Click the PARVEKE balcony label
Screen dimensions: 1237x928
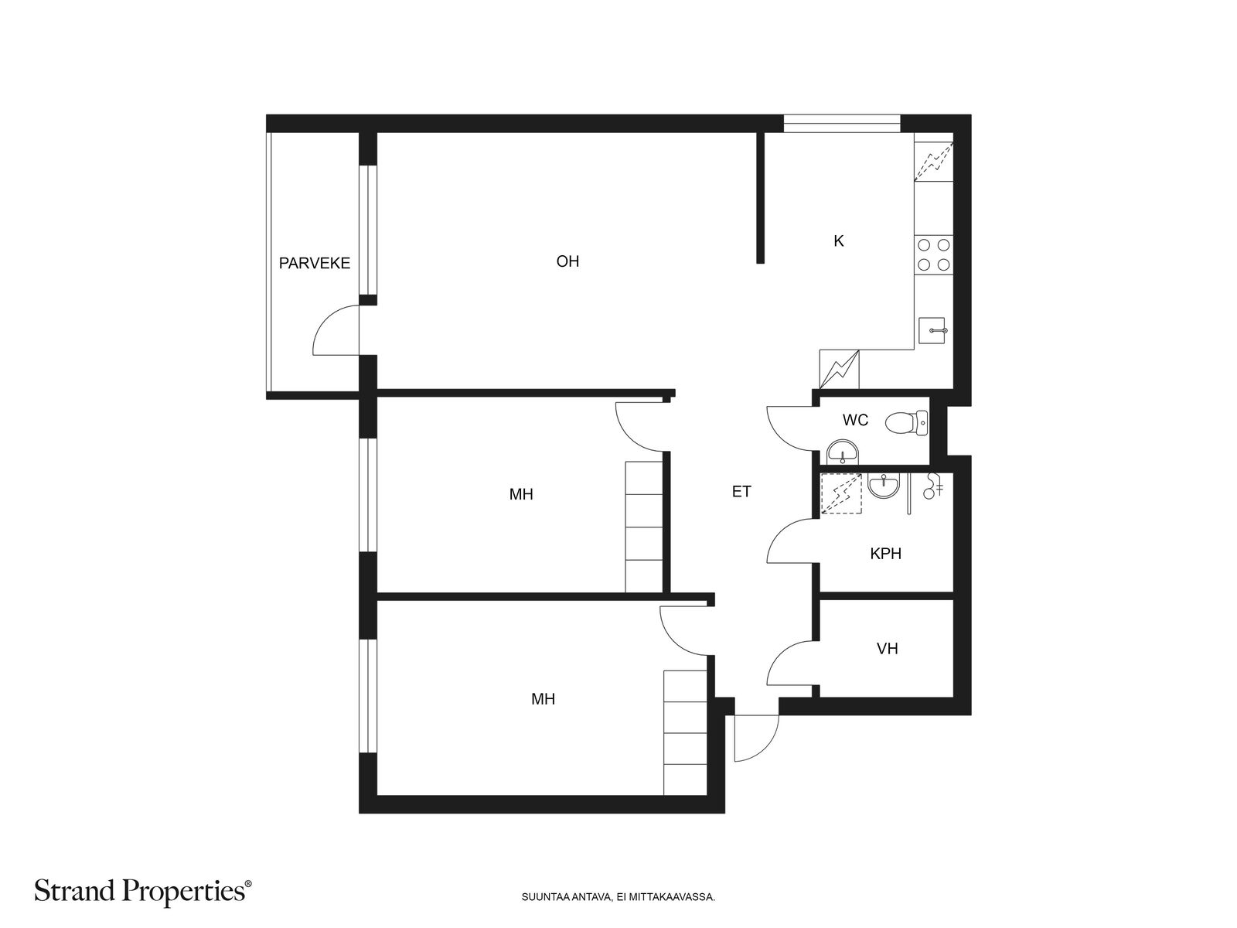pyautogui.click(x=315, y=263)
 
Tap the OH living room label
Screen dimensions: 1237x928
pyautogui.click(x=567, y=261)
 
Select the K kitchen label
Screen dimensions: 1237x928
pyautogui.click(x=839, y=241)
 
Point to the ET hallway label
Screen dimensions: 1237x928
pyautogui.click(x=741, y=492)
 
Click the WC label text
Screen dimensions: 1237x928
pyautogui.click(x=855, y=420)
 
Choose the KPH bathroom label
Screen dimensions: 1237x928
pyautogui.click(x=885, y=554)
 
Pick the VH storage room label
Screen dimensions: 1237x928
pyautogui.click(x=887, y=649)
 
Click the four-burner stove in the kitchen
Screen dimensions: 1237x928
pyautogui.click(x=933, y=254)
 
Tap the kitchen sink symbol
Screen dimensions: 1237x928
pyautogui.click(x=933, y=330)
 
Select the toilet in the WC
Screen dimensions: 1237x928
pyautogui.click(x=906, y=422)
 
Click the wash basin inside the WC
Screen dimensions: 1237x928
pyautogui.click(x=842, y=452)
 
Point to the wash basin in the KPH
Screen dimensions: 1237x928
pyautogui.click(x=884, y=485)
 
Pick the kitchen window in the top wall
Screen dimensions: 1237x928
pyautogui.click(x=842, y=124)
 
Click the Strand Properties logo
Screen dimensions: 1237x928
pyautogui.click(x=142, y=892)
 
